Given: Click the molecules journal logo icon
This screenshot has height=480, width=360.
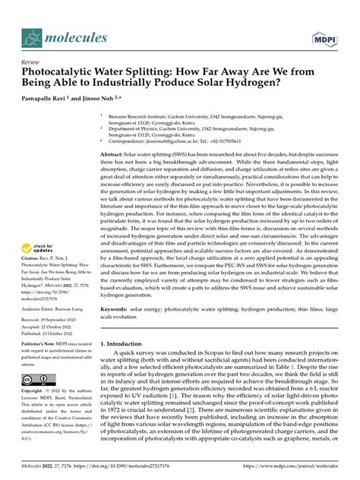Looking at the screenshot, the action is tap(33, 37).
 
